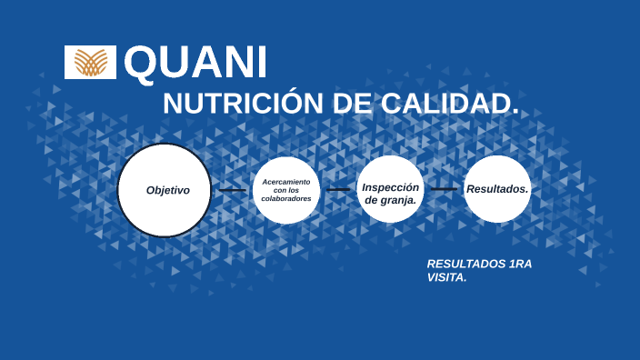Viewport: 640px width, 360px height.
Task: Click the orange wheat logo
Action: click(90, 62)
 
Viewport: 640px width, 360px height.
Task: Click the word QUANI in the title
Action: click(195, 62)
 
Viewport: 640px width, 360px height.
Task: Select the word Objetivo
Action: click(168, 191)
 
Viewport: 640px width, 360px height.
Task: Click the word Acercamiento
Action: click(286, 181)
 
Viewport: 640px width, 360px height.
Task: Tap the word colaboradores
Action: click(286, 198)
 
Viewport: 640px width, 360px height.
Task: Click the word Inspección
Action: click(390, 186)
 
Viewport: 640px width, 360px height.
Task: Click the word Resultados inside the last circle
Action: click(496, 189)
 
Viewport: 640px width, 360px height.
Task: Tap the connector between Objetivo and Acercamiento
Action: click(233, 190)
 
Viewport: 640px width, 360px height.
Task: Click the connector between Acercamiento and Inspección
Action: click(338, 190)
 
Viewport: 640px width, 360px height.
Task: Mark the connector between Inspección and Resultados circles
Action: click(444, 189)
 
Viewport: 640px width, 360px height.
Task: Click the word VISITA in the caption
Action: click(446, 278)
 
